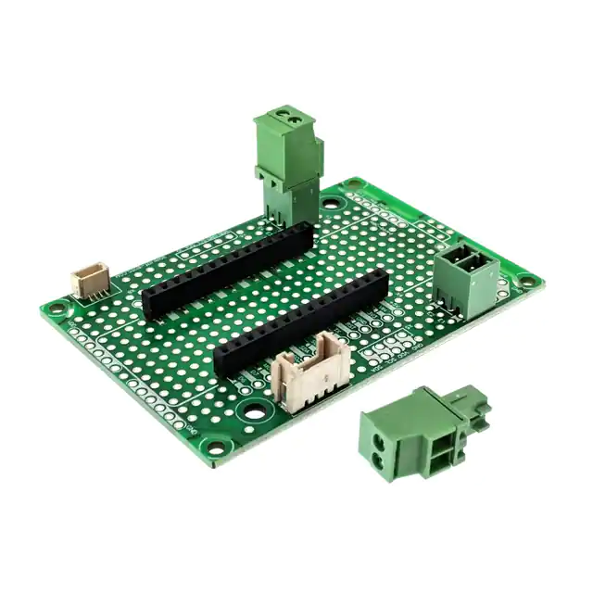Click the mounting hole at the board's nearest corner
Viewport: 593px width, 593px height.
(216, 449)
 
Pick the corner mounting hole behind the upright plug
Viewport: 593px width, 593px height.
(354, 184)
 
